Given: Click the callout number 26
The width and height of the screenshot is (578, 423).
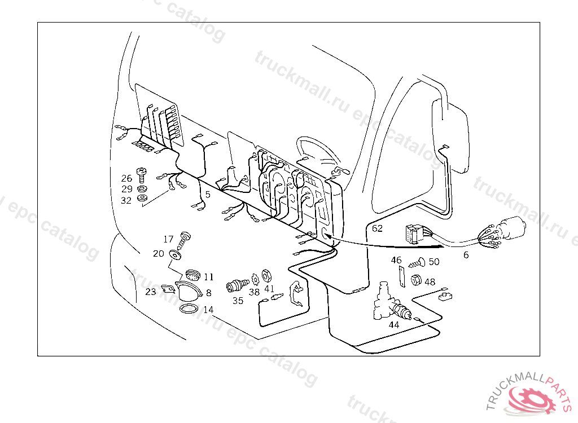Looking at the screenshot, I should [x=126, y=179].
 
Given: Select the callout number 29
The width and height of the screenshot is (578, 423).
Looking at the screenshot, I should [x=126, y=189].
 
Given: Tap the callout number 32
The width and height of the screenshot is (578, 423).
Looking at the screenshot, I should [x=126, y=200].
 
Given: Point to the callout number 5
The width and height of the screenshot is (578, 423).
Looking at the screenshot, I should [x=208, y=195].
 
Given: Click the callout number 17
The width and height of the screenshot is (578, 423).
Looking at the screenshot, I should [x=168, y=239].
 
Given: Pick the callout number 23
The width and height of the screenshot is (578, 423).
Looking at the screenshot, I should [x=150, y=292].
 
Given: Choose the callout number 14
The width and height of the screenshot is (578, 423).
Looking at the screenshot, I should [x=208, y=310].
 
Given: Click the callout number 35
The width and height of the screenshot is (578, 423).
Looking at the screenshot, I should [x=238, y=301].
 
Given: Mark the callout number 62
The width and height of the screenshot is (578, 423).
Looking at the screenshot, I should [x=377, y=228].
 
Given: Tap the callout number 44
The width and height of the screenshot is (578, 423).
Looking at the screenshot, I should [x=393, y=324].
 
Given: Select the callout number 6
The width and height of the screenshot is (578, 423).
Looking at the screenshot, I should [x=466, y=255].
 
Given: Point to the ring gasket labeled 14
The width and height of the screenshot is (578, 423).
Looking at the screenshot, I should [x=189, y=309].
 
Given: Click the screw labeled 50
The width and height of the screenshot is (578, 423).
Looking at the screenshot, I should [x=417, y=262].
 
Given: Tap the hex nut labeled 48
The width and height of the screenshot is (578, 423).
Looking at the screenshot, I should [x=416, y=279].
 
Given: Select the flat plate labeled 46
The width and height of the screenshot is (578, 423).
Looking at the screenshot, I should [x=401, y=277].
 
